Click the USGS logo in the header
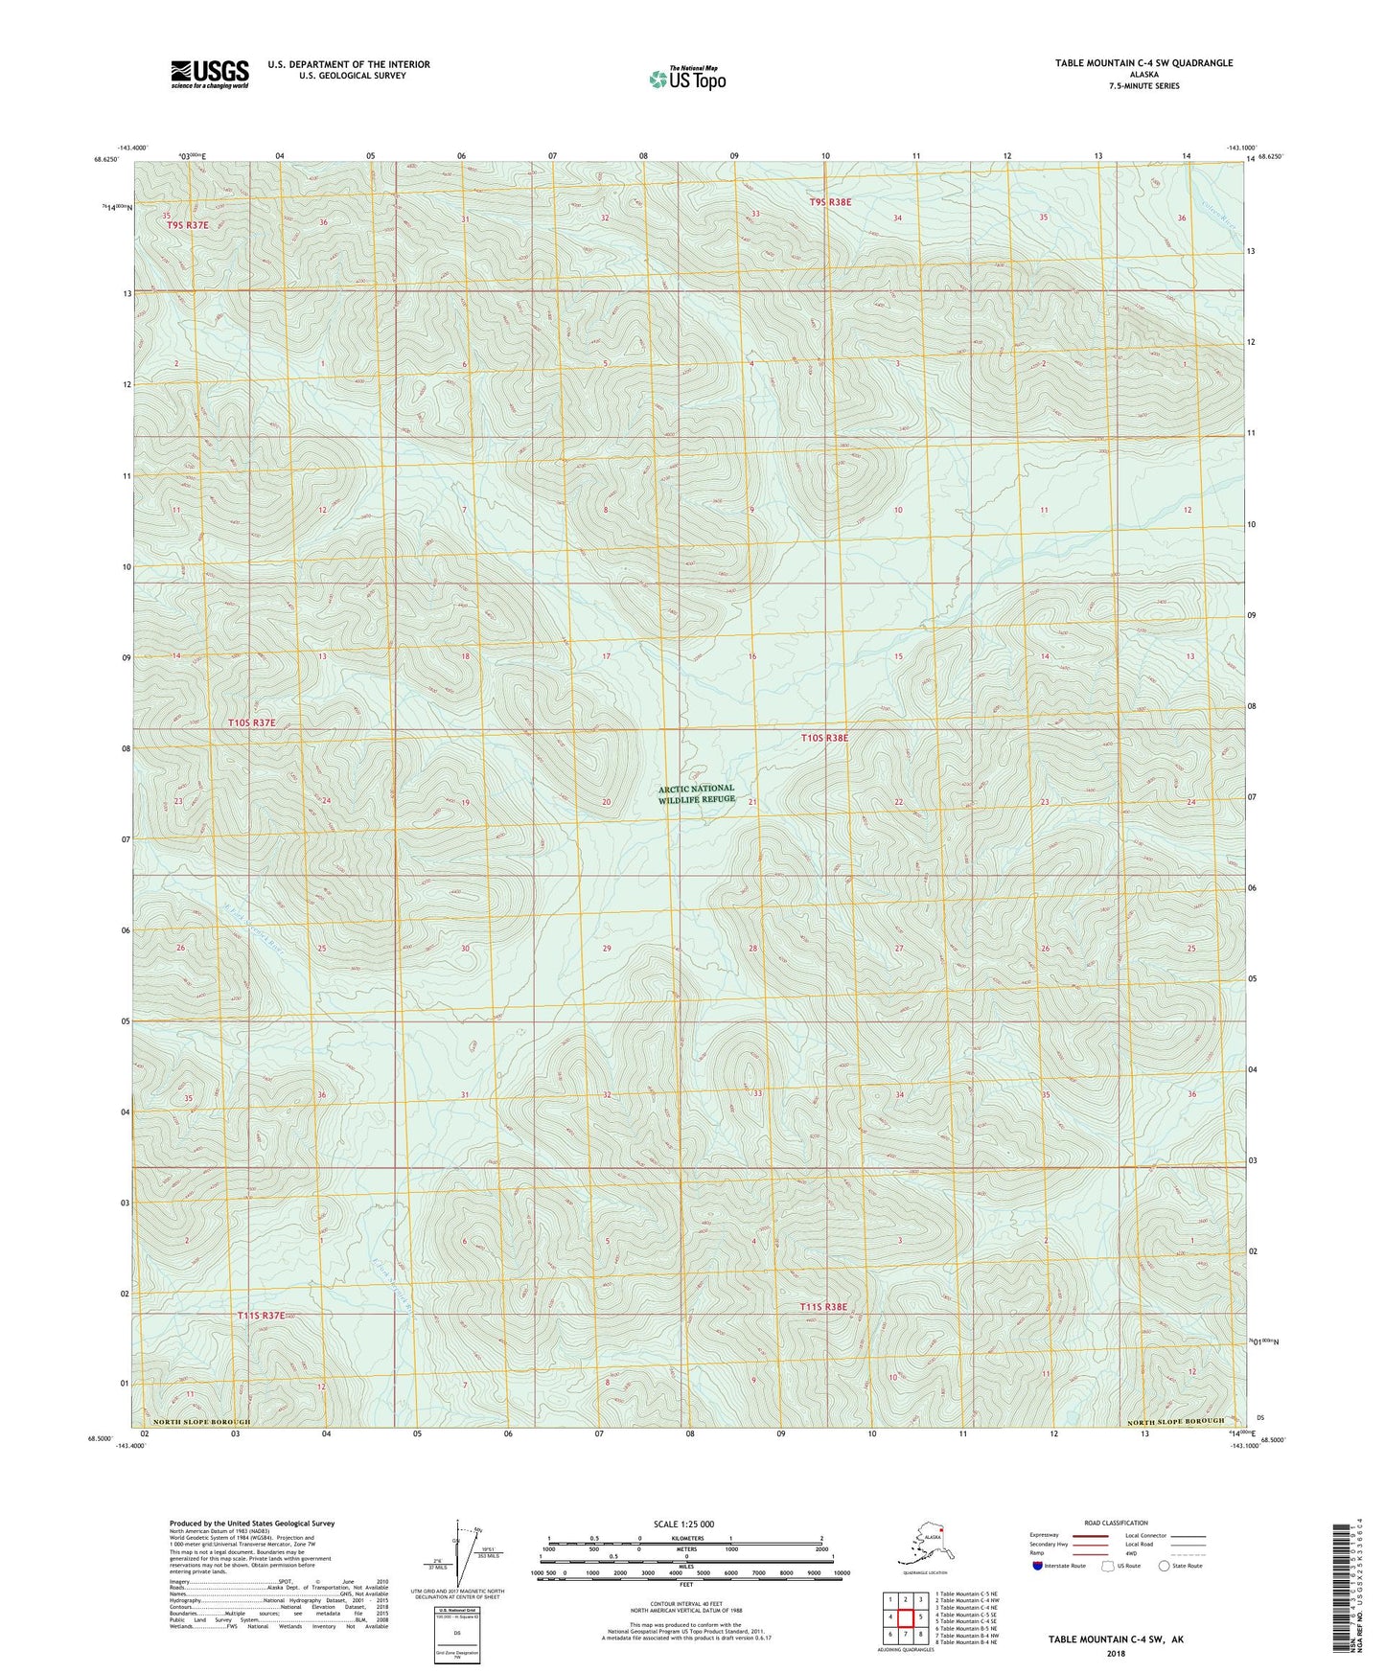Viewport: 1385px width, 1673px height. [x=209, y=74]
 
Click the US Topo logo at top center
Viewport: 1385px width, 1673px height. [x=687, y=79]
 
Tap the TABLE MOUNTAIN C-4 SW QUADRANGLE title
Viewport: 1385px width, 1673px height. [x=1143, y=63]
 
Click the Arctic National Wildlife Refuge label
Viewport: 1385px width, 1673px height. [x=697, y=793]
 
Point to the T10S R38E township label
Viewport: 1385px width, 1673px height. [x=824, y=738]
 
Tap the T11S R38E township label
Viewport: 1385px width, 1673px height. [x=824, y=1307]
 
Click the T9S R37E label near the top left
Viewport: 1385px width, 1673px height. [x=187, y=224]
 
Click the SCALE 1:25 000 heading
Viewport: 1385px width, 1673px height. [x=683, y=1524]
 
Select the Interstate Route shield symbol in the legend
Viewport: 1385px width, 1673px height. [x=1037, y=1566]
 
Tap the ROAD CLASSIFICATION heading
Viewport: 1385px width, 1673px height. [x=1116, y=1523]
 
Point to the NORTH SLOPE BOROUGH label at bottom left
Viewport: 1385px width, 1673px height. [x=196, y=1422]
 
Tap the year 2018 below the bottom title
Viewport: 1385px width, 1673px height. [x=1115, y=1654]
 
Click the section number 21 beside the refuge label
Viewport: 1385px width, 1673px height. [x=753, y=802]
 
